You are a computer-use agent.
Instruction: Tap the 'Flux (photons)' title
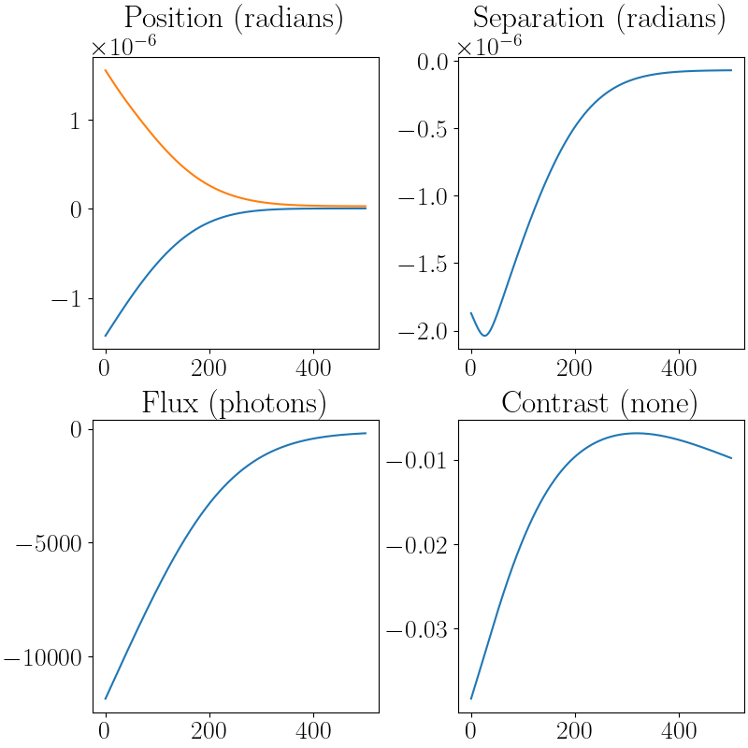[233, 403]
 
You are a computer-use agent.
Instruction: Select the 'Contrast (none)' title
[599, 403]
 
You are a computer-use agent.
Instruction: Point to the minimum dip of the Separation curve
[485, 335]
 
